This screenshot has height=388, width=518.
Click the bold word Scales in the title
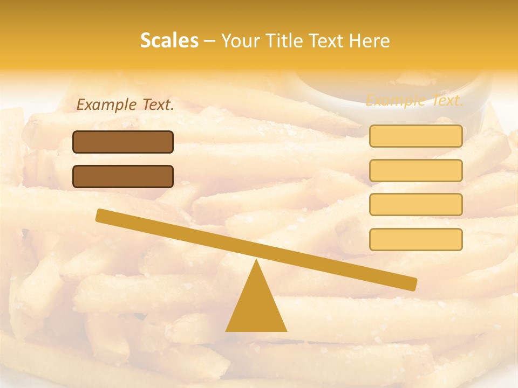(x=169, y=40)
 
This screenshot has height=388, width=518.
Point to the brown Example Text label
(x=125, y=105)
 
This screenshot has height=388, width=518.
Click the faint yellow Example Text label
(x=414, y=100)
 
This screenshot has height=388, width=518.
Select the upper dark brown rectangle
(x=123, y=142)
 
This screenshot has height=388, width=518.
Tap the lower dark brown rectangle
(x=123, y=176)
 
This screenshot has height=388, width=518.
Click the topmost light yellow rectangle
(x=415, y=136)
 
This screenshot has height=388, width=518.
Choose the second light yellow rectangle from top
(x=415, y=170)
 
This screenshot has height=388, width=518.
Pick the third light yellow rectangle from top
(x=415, y=205)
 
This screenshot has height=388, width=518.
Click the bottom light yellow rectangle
(x=415, y=239)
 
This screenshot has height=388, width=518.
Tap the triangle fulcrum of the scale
(x=256, y=307)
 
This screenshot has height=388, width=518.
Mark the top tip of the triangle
(x=256, y=261)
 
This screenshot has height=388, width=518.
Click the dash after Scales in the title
(x=210, y=41)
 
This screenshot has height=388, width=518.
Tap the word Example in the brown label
(x=107, y=105)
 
